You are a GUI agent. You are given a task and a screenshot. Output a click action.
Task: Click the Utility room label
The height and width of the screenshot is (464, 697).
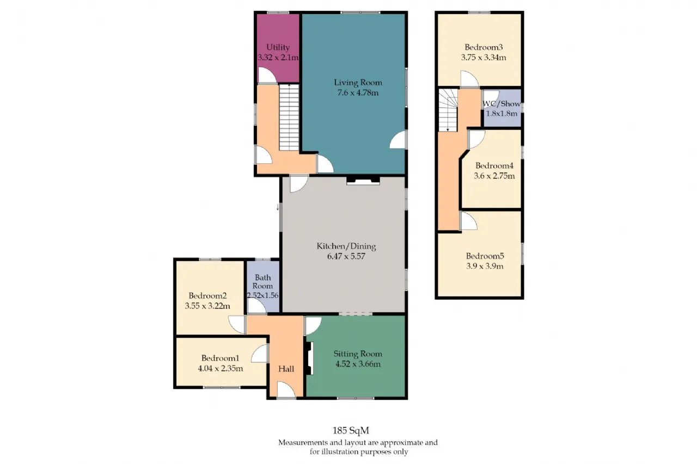(x=278, y=47)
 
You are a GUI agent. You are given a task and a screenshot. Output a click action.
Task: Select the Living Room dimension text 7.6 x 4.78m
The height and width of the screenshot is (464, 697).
(x=358, y=92)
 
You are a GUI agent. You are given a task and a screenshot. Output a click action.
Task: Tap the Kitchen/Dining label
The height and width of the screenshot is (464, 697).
(x=346, y=246)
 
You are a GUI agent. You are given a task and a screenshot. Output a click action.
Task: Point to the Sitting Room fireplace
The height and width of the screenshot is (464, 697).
(x=309, y=358)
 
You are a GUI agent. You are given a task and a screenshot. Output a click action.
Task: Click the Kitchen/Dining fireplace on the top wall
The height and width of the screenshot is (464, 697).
(x=363, y=181)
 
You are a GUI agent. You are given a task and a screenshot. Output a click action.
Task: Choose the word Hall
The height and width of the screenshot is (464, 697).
(x=286, y=369)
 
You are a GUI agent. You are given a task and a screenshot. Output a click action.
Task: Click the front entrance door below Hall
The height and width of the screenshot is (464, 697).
(x=286, y=389)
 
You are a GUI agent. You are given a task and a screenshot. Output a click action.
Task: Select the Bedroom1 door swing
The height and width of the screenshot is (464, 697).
(x=260, y=354)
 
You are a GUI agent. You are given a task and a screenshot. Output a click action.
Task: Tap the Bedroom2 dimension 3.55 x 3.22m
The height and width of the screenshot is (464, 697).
(x=207, y=306)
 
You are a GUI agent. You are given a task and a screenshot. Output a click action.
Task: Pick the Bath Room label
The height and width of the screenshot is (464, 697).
(x=262, y=282)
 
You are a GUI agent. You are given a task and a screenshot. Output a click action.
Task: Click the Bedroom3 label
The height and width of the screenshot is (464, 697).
(x=484, y=47)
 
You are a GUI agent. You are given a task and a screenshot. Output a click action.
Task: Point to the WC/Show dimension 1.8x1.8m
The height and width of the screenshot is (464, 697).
(x=502, y=114)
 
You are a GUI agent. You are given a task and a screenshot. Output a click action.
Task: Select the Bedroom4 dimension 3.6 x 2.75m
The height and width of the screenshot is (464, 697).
(x=494, y=176)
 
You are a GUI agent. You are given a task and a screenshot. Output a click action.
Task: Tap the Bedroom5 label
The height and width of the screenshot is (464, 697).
(x=485, y=256)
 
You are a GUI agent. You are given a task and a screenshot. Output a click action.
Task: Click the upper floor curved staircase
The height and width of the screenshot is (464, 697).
(x=448, y=110)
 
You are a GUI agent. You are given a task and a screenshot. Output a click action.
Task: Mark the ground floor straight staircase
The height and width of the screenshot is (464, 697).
(x=289, y=118)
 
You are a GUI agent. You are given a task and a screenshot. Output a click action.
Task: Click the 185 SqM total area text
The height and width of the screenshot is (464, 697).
(x=351, y=431)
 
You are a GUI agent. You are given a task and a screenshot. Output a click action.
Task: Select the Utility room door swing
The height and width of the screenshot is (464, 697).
(x=267, y=75)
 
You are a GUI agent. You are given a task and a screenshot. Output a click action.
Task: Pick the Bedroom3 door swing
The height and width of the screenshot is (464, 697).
(x=469, y=79)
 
